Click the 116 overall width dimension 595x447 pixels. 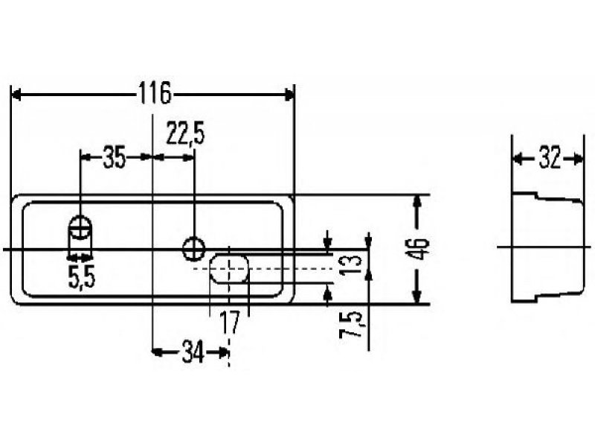155,94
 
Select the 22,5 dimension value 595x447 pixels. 185,134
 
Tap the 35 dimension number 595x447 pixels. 115,158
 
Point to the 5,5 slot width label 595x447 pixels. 82,277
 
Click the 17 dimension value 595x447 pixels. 231,322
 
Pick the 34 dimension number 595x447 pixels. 193,352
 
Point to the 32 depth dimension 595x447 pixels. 549,158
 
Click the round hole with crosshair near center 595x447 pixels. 193,249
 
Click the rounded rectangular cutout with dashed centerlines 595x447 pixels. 230,269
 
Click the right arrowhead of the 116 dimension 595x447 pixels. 289,95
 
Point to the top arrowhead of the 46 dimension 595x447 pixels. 417,201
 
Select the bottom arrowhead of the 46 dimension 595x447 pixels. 417,297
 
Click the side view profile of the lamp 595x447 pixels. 547,247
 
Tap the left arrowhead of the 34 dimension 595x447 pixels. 157,352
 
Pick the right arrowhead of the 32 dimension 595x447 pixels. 579,159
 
